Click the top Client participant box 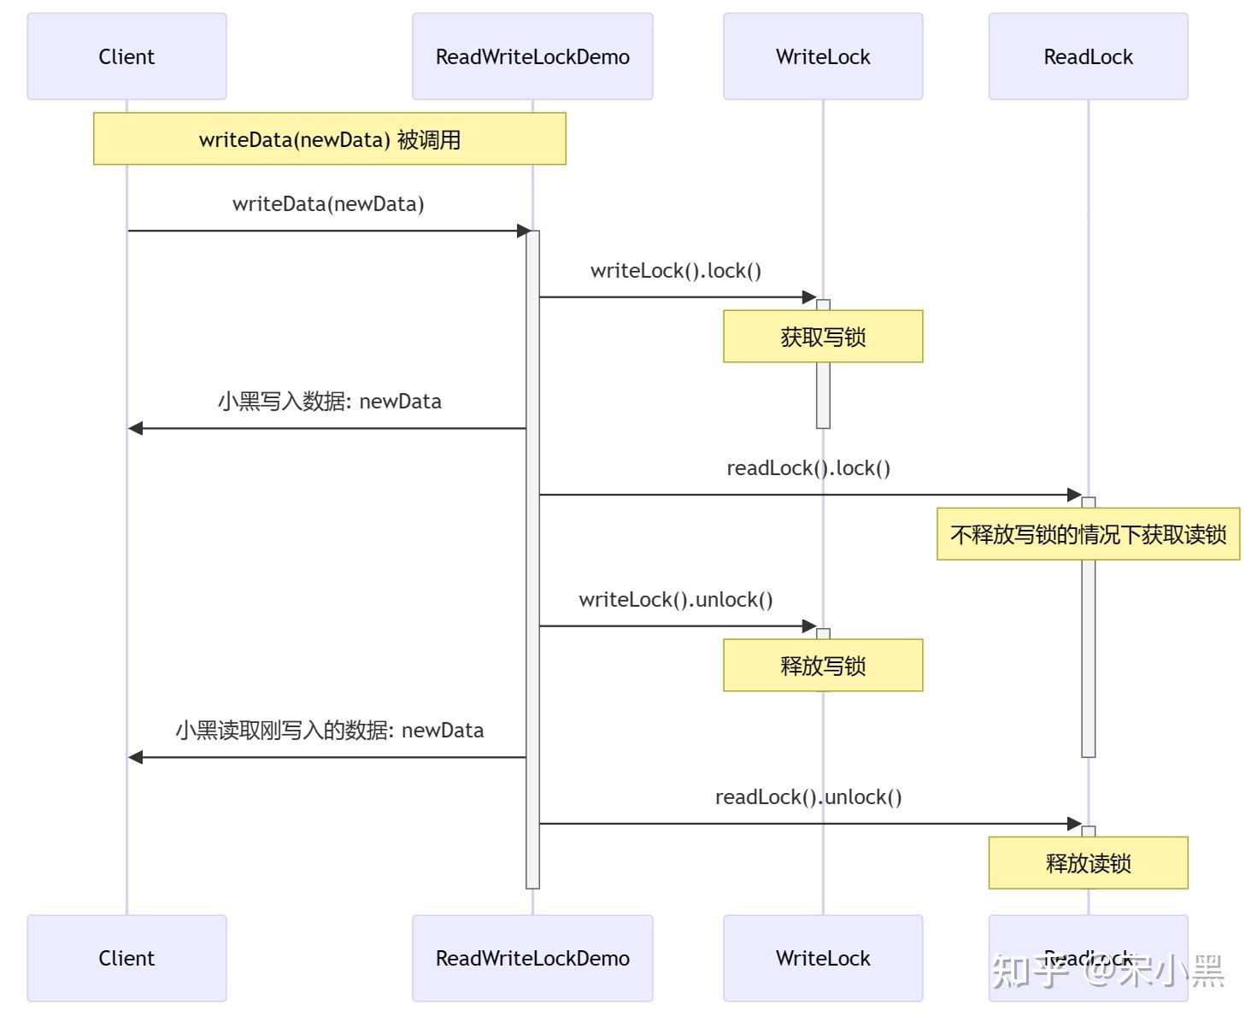coord(126,56)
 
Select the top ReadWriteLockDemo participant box coord(532,56)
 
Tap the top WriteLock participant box coord(823,56)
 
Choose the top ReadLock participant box coord(1088,56)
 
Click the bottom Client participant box coord(126,958)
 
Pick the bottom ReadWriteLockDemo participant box coord(532,958)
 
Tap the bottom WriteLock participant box coord(823,958)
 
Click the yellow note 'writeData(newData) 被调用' coord(330,138)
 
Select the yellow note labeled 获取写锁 coord(823,337)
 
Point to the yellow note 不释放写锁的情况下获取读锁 coord(1088,534)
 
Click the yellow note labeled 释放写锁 coord(823,665)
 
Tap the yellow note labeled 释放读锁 coord(1088,862)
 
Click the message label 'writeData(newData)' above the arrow coord(328,204)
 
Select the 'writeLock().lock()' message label coord(676,271)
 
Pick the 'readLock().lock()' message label coord(808,468)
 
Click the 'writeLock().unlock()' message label coord(676,600)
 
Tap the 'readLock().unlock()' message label coord(808,797)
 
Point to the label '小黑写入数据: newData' coord(330,402)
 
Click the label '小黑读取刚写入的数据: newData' coord(330,731)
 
